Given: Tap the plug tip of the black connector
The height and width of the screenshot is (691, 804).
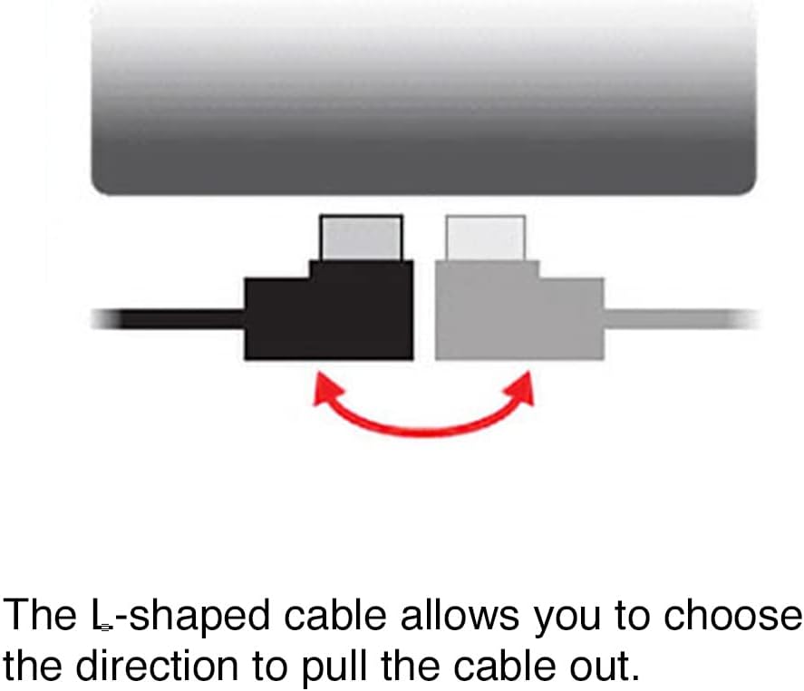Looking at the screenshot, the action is [x=361, y=238].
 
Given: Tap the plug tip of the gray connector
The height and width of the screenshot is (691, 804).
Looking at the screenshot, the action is [x=486, y=238].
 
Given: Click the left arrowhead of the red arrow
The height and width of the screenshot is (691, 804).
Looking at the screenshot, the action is [x=327, y=388].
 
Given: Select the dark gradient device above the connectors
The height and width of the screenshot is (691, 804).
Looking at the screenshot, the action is [x=423, y=97].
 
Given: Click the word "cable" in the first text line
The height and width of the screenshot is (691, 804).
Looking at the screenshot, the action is [x=334, y=615].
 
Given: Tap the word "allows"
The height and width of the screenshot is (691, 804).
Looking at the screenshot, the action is [x=460, y=615].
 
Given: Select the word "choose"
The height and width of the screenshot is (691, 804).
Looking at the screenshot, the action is [x=732, y=615].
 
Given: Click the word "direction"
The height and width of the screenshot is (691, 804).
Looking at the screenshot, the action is [x=157, y=666].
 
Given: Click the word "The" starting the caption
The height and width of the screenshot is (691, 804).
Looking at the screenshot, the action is [x=40, y=615].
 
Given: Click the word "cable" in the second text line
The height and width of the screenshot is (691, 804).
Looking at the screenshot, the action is [x=505, y=666].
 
